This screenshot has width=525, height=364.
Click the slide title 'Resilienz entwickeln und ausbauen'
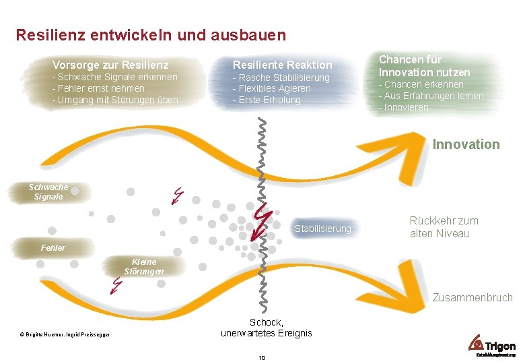click(151, 34)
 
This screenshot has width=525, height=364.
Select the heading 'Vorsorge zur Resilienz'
click(110, 65)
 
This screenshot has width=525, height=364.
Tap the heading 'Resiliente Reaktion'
click(283, 65)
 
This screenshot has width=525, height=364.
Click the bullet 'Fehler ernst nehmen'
click(100, 88)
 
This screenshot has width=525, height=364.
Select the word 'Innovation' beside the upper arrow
click(466, 144)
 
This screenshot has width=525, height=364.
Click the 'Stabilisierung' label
click(323, 229)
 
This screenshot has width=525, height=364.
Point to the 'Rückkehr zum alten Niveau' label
click(444, 227)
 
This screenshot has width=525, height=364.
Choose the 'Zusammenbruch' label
click(473, 297)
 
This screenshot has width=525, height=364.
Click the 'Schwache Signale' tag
click(48, 192)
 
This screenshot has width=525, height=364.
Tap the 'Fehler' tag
click(53, 248)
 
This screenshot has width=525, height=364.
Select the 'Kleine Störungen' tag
click(143, 266)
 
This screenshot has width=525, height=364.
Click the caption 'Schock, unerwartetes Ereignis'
click(267, 328)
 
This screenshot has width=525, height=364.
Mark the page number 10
click(262, 357)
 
